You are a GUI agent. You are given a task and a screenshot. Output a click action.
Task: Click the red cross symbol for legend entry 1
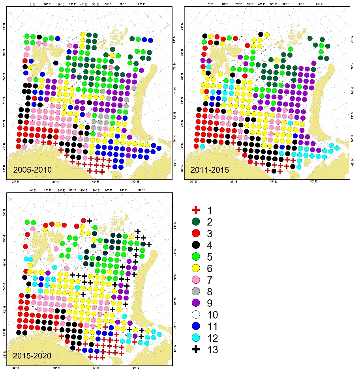[x=194, y=211]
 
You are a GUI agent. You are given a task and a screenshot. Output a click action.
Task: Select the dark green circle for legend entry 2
[x=194, y=223]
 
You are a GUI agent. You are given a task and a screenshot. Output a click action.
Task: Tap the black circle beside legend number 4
[x=194, y=246]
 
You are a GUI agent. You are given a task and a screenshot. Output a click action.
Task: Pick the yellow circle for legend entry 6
[x=194, y=268]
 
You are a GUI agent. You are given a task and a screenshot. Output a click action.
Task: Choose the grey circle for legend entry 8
[x=194, y=292]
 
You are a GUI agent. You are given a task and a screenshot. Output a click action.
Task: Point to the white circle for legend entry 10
[x=194, y=315]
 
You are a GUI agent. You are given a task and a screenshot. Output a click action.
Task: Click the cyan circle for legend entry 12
[x=194, y=337]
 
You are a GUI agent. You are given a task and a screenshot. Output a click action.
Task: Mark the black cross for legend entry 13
[x=194, y=349]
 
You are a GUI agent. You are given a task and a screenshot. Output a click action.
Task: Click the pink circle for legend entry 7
[x=194, y=280]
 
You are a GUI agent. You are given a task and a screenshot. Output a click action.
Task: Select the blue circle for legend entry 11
[x=194, y=326]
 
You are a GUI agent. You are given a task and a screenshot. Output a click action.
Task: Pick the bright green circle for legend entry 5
[x=194, y=257]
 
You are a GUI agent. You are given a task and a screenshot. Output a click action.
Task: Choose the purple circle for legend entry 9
[x=194, y=303]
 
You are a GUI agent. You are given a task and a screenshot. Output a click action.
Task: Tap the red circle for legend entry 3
[x=194, y=234]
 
